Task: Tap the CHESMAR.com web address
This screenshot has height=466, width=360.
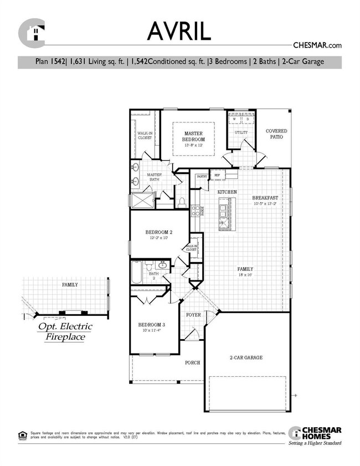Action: pos(316,45)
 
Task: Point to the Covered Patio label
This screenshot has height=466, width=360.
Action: pos(276,134)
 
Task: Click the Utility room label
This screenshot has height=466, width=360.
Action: pos(241,133)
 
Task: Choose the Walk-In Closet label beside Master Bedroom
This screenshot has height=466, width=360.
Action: pos(145,135)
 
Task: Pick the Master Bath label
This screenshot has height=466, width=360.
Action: pos(154,177)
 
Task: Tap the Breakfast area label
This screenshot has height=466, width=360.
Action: pos(265,198)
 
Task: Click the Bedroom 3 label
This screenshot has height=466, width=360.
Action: pos(151,325)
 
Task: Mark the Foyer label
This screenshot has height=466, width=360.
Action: pos(193,315)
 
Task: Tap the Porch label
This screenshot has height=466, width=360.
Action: pos(192,362)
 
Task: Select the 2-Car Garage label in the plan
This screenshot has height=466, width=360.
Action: pos(246,357)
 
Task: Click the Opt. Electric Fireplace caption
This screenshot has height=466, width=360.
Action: pos(65,331)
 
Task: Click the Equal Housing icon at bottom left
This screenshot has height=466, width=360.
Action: pos(22,433)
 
